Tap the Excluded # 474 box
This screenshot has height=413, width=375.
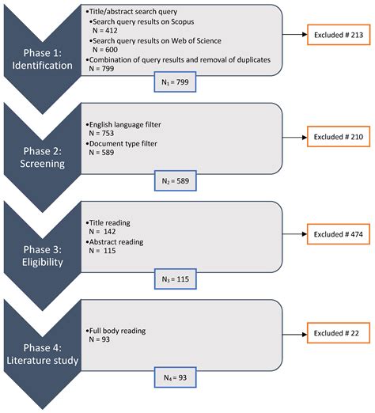[336, 235]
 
